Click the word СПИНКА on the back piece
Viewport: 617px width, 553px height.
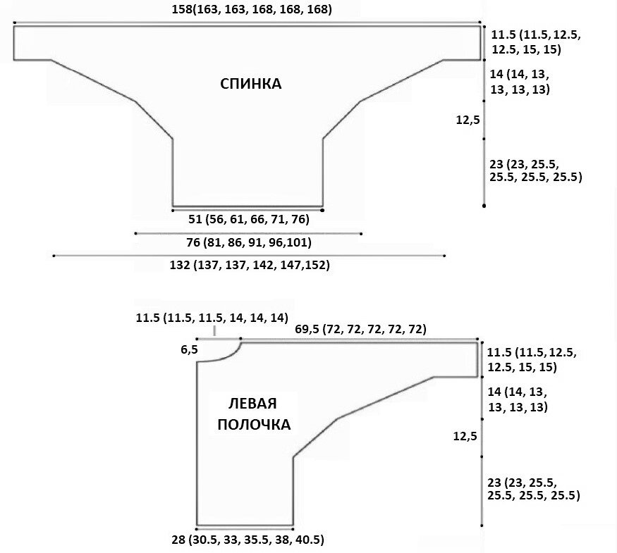[251, 85]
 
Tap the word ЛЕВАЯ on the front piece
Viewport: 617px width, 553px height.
[252, 404]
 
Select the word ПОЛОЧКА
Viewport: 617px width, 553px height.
[254, 425]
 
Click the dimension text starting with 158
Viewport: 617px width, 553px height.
[252, 10]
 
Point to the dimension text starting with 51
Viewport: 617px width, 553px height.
[248, 220]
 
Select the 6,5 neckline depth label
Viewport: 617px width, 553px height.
[190, 349]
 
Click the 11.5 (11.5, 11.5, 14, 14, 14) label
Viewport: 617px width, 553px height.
[212, 318]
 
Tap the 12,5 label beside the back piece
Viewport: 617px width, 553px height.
[468, 120]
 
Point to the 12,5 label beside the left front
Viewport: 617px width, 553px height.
[465, 437]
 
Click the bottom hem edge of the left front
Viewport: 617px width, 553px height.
[244, 526]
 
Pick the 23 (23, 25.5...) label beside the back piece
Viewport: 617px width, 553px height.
[534, 170]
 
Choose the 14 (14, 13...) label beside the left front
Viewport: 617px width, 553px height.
[518, 399]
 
